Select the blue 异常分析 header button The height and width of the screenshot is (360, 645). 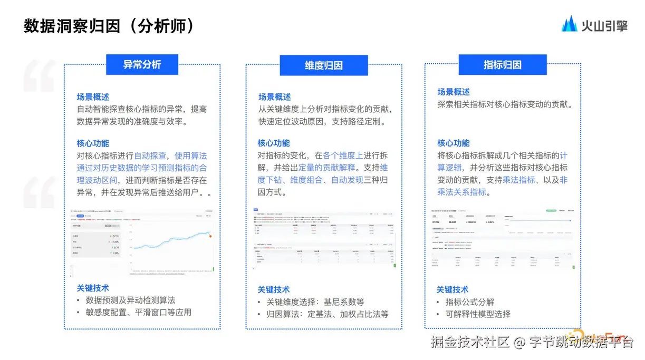click(142, 64)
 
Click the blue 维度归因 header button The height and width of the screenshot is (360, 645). click(324, 65)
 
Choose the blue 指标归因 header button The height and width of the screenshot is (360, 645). click(502, 64)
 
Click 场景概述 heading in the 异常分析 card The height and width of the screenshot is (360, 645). click(93, 97)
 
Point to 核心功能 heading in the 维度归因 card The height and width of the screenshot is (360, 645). click(274, 143)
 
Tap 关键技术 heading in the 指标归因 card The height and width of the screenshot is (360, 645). click(452, 289)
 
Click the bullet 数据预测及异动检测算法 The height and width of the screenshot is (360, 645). click(130, 300)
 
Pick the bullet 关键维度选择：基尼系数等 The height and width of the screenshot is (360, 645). click(315, 302)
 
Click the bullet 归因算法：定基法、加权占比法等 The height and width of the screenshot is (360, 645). click(327, 314)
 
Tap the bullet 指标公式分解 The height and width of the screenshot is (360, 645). click(470, 302)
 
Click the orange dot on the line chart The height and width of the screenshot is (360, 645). click(211, 236)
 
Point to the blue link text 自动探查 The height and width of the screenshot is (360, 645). click(150, 156)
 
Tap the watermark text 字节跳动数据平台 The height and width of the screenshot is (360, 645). click(582, 343)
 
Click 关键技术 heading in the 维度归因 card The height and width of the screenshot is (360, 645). click(274, 289)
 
